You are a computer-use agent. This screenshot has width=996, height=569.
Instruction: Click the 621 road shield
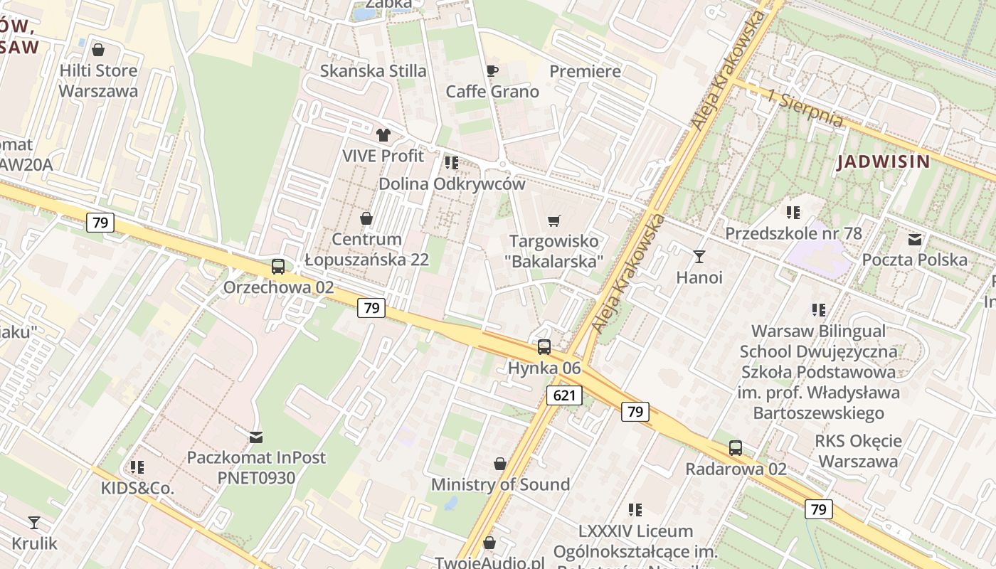pos(565,395)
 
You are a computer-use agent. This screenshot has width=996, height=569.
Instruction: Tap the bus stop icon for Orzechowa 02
pos(278,267)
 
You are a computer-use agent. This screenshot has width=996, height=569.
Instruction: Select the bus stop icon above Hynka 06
pos(544,347)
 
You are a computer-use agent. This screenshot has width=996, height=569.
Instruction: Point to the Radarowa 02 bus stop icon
pos(736,448)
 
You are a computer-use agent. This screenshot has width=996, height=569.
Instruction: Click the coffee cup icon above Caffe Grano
pos(492,70)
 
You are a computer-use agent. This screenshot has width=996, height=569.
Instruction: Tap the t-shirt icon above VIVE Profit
pos(383,134)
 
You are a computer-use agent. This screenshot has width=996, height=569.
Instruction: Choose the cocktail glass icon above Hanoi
pos(699,256)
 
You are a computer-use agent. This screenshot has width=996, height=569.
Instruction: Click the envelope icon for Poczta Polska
pos(915,239)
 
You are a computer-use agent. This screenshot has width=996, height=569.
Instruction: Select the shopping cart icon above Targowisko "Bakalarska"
pos(555,220)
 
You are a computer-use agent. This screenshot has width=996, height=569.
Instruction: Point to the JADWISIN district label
pos(884,161)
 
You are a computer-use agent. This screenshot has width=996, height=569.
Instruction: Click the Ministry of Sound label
pos(501,484)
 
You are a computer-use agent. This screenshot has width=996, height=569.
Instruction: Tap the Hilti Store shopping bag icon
pos(98,50)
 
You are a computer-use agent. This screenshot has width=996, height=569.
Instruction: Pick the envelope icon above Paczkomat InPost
pos(255,437)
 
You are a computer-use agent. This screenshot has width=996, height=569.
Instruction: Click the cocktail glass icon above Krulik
pos(33,523)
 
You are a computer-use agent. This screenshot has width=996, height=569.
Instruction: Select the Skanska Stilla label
pos(373,71)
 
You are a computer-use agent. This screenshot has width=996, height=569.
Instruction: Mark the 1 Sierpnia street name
pos(806,107)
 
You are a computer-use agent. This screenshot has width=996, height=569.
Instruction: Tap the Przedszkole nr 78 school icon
pos(793,212)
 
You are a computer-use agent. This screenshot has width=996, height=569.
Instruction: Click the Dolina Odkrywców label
pos(452,184)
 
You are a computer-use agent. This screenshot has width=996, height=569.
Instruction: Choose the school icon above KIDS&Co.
pos(137,467)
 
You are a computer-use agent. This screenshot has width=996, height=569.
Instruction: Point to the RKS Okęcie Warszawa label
pos(858,451)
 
